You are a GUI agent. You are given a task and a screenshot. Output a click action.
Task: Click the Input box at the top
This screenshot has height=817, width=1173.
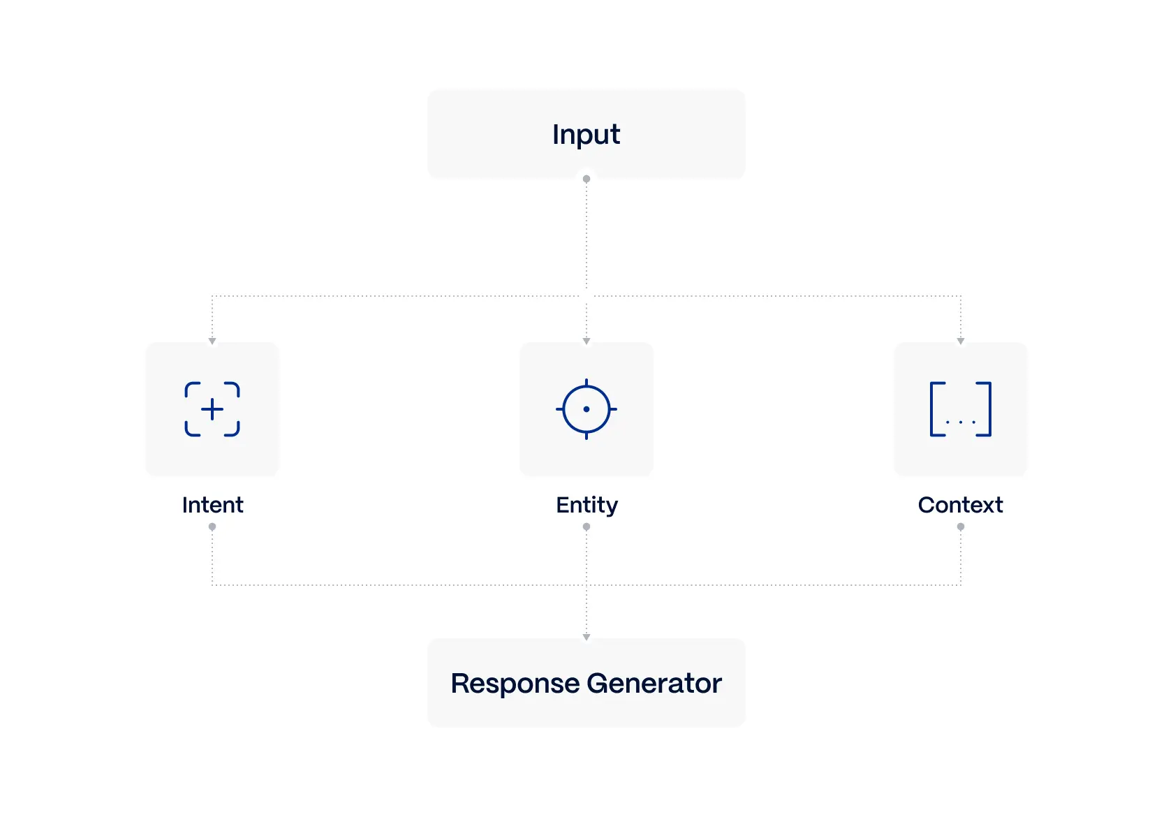click(x=586, y=134)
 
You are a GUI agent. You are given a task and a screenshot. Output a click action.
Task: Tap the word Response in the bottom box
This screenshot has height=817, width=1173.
click(x=515, y=684)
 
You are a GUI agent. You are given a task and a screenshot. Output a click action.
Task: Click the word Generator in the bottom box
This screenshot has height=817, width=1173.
click(x=654, y=684)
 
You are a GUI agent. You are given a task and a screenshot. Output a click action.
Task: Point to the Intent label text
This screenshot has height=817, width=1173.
click(x=212, y=505)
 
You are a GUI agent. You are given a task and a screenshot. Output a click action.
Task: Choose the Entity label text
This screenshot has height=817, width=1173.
click(x=586, y=505)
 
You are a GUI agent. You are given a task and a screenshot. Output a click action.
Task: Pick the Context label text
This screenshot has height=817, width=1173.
click(x=960, y=505)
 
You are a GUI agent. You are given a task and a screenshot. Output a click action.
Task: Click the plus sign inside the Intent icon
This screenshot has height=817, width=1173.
click(x=212, y=409)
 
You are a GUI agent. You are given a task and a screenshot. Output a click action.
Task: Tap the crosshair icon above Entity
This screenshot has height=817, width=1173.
click(x=586, y=409)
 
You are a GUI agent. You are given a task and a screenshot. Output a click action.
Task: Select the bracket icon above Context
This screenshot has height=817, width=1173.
click(x=961, y=409)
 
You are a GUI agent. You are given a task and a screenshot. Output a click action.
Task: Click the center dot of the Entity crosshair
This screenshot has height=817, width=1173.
click(x=586, y=409)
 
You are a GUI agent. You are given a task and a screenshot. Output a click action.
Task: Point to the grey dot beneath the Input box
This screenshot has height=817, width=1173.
click(x=586, y=179)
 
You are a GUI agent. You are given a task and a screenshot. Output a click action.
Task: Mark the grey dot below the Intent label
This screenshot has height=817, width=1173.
click(x=212, y=527)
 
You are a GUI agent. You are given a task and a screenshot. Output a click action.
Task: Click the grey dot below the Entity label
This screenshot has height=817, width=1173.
click(x=586, y=527)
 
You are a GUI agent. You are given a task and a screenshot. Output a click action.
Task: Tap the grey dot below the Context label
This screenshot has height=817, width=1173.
click(x=961, y=527)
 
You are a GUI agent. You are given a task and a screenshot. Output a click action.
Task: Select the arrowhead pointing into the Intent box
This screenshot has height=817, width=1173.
click(x=212, y=341)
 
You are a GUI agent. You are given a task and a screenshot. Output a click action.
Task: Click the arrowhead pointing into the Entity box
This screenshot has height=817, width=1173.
click(x=586, y=341)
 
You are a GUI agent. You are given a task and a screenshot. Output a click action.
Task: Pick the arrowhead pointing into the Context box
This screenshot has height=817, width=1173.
click(x=961, y=341)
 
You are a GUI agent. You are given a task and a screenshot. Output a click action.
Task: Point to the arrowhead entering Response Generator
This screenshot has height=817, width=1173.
click(x=586, y=637)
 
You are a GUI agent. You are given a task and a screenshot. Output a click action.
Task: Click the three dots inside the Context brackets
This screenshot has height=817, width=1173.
click(x=961, y=422)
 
